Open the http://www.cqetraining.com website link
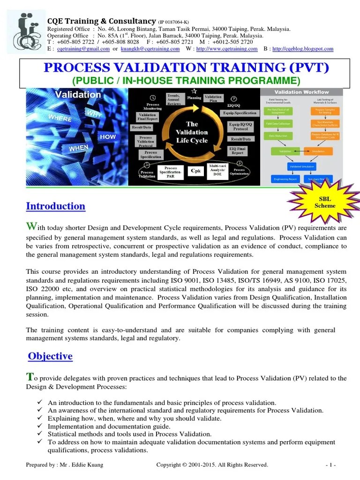(x=227, y=49)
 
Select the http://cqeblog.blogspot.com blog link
(x=303, y=49)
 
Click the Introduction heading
(x=56, y=206)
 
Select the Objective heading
(x=50, y=356)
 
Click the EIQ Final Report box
(x=238, y=151)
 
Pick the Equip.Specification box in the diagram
(x=239, y=113)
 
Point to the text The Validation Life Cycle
(x=192, y=132)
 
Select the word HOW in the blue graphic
(x=107, y=137)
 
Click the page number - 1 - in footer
(x=330, y=465)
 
